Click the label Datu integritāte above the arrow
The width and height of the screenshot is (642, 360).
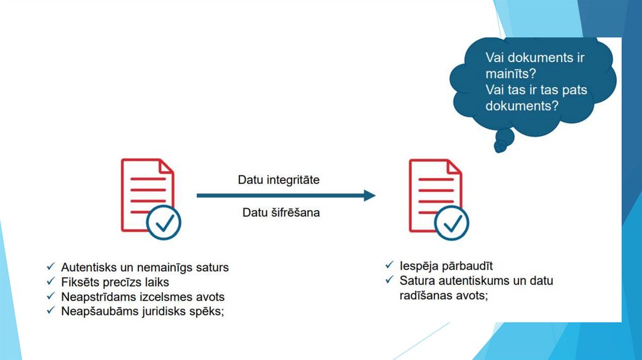tap(278, 180)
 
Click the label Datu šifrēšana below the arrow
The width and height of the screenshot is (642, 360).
tap(281, 213)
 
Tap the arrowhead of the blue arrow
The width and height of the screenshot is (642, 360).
tap(369, 196)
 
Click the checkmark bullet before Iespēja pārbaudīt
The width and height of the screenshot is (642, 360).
tap(389, 265)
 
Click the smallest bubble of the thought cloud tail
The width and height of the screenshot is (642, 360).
tap(500, 147)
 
